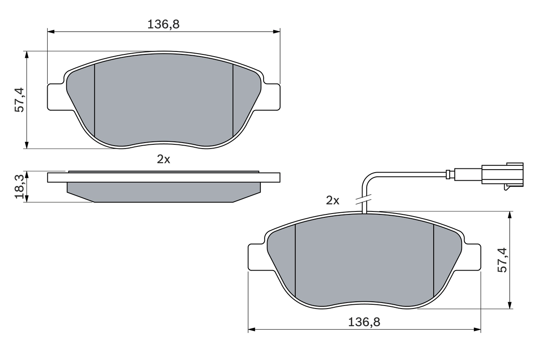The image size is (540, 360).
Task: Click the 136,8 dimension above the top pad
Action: tap(163, 24)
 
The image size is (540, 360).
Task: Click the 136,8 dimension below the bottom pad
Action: tap(364, 322)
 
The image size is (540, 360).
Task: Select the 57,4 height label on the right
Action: tap(502, 260)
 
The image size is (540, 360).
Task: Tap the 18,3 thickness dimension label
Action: tap(19, 186)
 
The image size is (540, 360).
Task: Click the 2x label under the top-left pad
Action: tap(163, 159)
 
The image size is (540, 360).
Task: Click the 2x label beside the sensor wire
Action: tap(332, 200)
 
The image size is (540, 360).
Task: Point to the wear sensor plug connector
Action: tap(502, 174)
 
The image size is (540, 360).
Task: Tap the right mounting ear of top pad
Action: tap(271, 97)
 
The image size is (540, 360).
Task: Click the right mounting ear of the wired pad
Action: tap(472, 257)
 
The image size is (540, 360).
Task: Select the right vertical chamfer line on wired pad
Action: tap(434, 260)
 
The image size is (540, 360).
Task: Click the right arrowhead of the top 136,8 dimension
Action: tap(277, 31)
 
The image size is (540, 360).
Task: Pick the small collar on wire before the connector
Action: tap(450, 174)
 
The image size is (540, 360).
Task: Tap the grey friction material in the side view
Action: tap(163, 191)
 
